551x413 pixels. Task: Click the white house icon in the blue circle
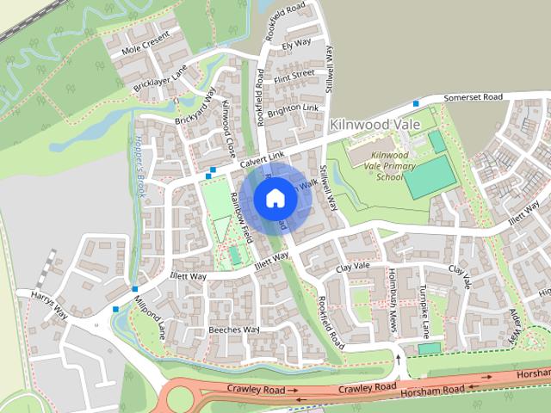275,198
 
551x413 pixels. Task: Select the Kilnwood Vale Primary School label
390,164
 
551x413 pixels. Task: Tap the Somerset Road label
473,98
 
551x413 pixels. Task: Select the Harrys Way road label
50,305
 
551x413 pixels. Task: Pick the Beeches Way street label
233,330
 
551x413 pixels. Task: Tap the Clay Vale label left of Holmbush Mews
353,267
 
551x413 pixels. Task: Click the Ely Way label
296,42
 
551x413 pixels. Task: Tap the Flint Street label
294,75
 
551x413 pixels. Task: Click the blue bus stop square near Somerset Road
417,104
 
